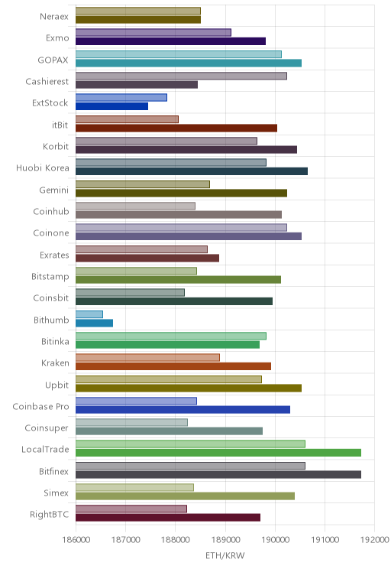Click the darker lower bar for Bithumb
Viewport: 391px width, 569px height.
[94, 323]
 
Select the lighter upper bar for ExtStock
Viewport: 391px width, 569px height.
[121, 98]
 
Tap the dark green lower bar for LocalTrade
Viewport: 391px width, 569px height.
[218, 453]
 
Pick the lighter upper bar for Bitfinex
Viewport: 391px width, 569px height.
[191, 466]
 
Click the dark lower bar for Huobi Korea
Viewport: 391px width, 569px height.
[192, 171]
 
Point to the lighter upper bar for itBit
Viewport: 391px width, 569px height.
[128, 119]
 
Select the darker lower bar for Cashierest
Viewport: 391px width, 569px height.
[137, 85]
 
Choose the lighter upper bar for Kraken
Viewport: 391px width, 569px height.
[148, 357]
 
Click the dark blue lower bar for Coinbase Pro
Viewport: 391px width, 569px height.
[183, 410]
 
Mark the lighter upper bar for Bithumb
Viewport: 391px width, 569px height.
[89, 314]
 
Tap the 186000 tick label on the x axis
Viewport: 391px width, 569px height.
[76, 540]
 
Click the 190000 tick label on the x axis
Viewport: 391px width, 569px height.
[275, 540]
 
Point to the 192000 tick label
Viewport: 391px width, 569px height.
[375, 540]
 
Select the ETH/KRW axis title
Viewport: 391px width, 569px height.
[225, 555]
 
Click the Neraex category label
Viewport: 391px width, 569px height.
[54, 16]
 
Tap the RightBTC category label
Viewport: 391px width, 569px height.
[50, 514]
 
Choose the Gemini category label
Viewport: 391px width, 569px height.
[54, 190]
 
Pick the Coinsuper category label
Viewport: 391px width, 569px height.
[47, 428]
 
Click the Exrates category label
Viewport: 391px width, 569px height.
[54, 255]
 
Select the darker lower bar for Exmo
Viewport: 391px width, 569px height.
[170, 41]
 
